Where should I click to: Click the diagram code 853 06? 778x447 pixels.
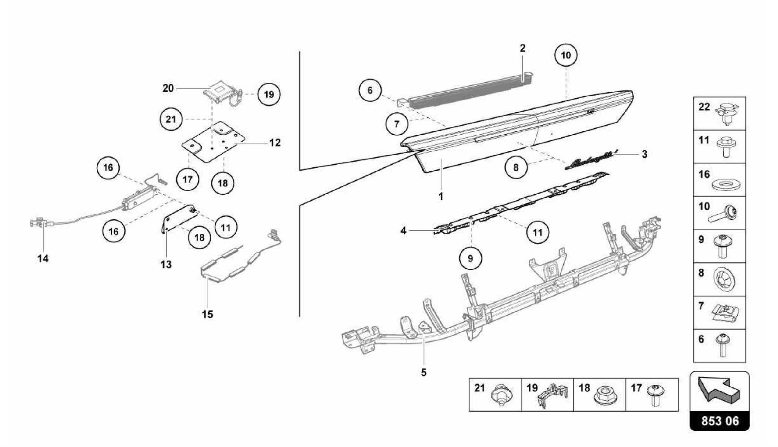pyautogui.click(x=720, y=421)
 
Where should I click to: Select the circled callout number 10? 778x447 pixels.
pyautogui.click(x=566, y=55)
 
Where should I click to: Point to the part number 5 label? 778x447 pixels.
pyautogui.click(x=424, y=373)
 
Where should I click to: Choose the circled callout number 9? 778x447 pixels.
pyautogui.click(x=470, y=258)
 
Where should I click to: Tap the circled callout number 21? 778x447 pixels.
pyautogui.click(x=171, y=120)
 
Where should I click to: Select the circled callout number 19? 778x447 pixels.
pyautogui.click(x=269, y=94)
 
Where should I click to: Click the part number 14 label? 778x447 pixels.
pyautogui.click(x=43, y=259)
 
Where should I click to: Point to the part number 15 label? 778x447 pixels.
pyautogui.click(x=207, y=315)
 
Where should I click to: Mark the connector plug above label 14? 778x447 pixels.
pyautogui.click(x=37, y=223)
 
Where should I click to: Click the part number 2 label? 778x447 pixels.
pyautogui.click(x=523, y=49)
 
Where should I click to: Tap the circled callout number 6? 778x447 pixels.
pyautogui.click(x=370, y=90)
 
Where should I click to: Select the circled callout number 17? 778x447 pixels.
pyautogui.click(x=188, y=179)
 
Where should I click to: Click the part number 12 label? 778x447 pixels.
pyautogui.click(x=275, y=143)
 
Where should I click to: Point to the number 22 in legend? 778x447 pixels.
pyautogui.click(x=704, y=107)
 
